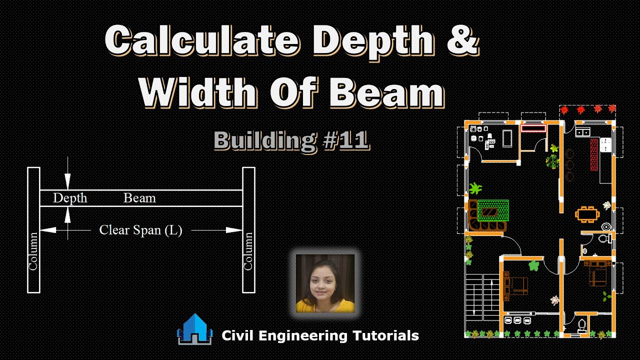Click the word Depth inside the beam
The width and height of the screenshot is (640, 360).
point(70,198)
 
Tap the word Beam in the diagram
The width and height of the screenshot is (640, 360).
point(139,198)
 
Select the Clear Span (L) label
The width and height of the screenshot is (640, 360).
point(140,230)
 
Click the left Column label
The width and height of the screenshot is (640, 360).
point(33,251)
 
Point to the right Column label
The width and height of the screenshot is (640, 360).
point(248,251)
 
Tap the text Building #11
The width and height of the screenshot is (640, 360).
point(291,140)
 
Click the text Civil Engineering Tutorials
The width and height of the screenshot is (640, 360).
point(320,335)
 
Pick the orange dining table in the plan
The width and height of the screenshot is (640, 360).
point(587,214)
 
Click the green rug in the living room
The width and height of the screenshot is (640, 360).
point(493,210)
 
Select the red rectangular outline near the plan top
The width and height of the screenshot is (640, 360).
point(533,128)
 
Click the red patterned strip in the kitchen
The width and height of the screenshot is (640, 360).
point(594,155)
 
